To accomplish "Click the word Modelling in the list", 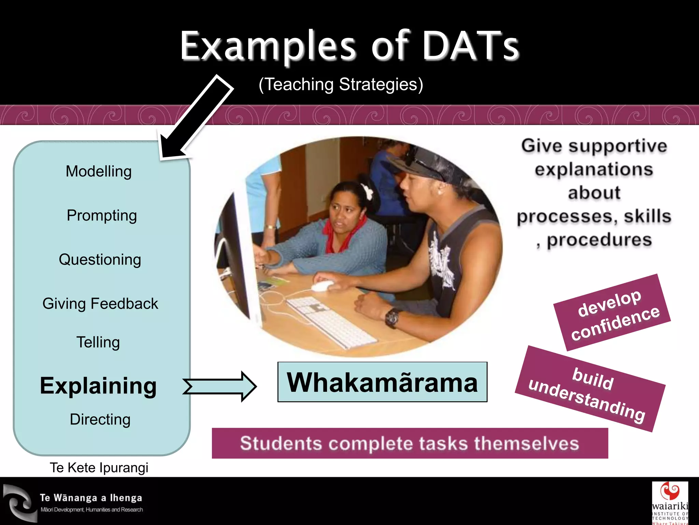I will pyautogui.click(x=99, y=171).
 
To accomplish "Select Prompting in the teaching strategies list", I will pyautogui.click(x=102, y=215).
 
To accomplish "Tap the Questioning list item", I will pyautogui.click(x=100, y=259).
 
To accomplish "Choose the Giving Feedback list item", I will pyautogui.click(x=100, y=304).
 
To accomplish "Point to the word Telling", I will pyautogui.click(x=98, y=342).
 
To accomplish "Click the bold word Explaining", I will pyautogui.click(x=98, y=386).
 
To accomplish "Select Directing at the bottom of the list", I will pyautogui.click(x=100, y=419).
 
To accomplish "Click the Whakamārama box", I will pyautogui.click(x=382, y=382).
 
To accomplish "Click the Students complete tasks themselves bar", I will pyautogui.click(x=410, y=443).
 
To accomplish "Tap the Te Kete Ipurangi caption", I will pyautogui.click(x=99, y=468).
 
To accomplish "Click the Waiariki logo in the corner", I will pyautogui.click(x=670, y=502).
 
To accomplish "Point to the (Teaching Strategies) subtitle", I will pyautogui.click(x=341, y=84).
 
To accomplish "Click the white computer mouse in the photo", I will pyautogui.click(x=321, y=286).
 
